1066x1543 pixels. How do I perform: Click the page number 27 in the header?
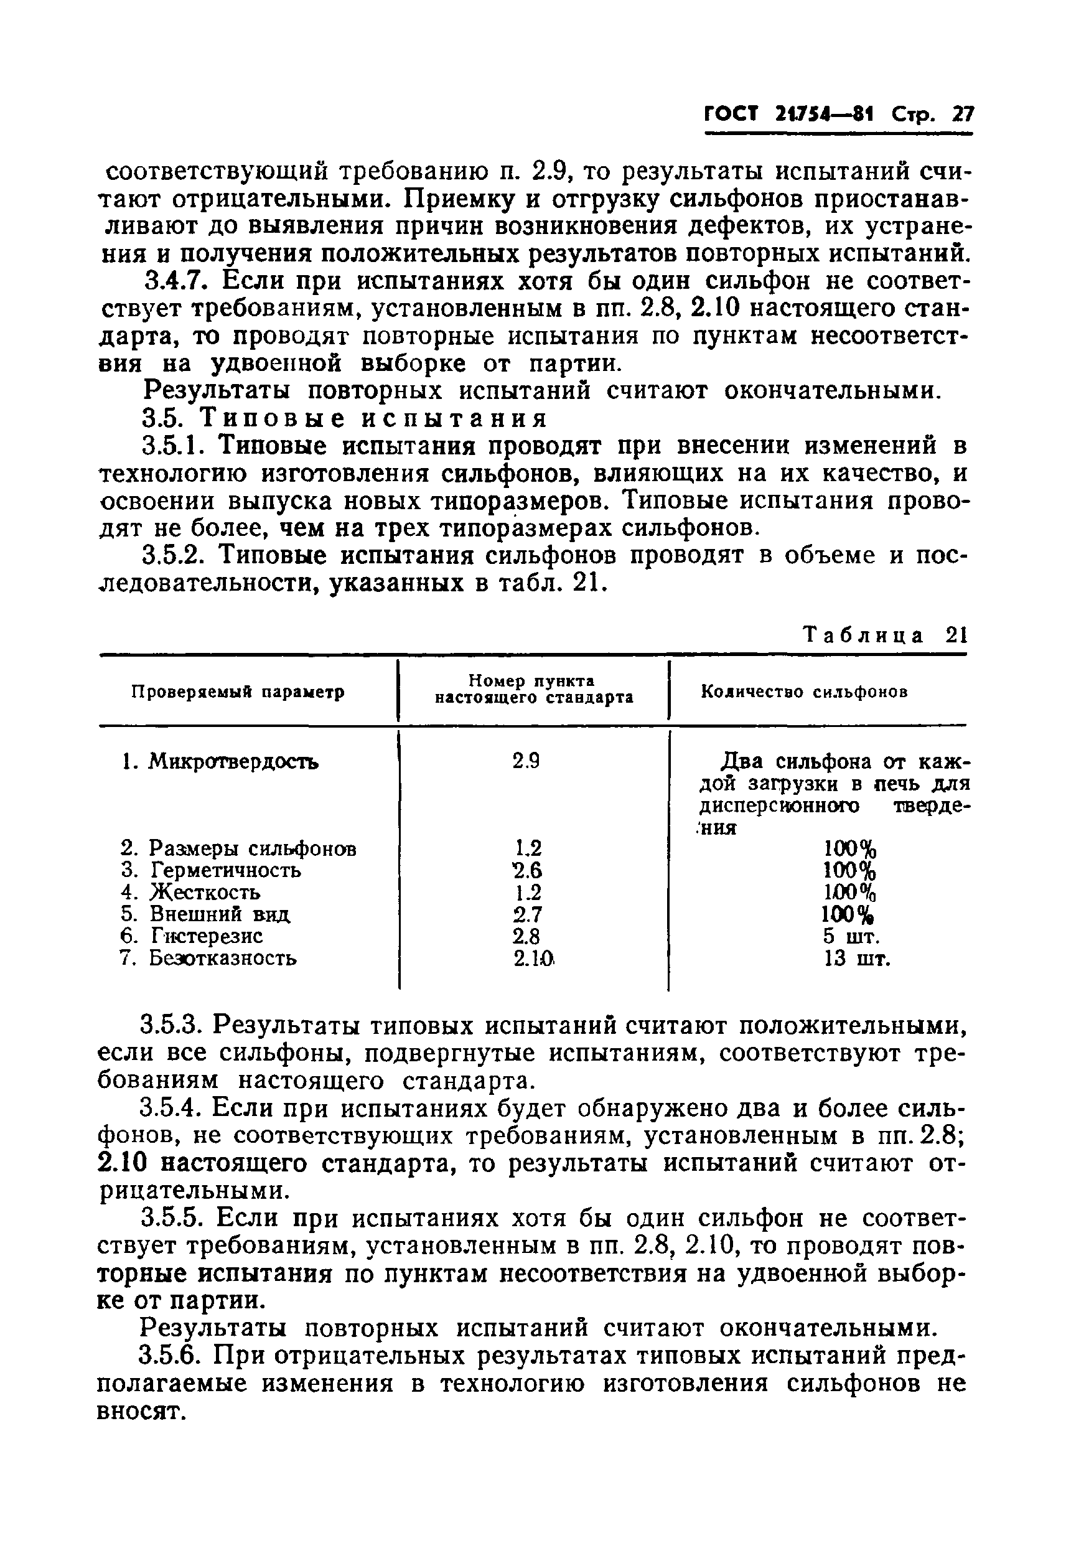click(x=963, y=115)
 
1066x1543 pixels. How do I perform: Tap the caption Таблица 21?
click(x=884, y=635)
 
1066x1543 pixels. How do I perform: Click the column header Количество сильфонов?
click(x=804, y=692)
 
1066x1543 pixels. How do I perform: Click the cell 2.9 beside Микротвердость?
click(x=526, y=761)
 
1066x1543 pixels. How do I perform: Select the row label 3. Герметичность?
click(x=211, y=870)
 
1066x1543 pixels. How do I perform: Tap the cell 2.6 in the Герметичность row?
click(x=527, y=870)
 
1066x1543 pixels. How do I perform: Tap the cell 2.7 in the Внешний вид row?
click(x=527, y=914)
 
